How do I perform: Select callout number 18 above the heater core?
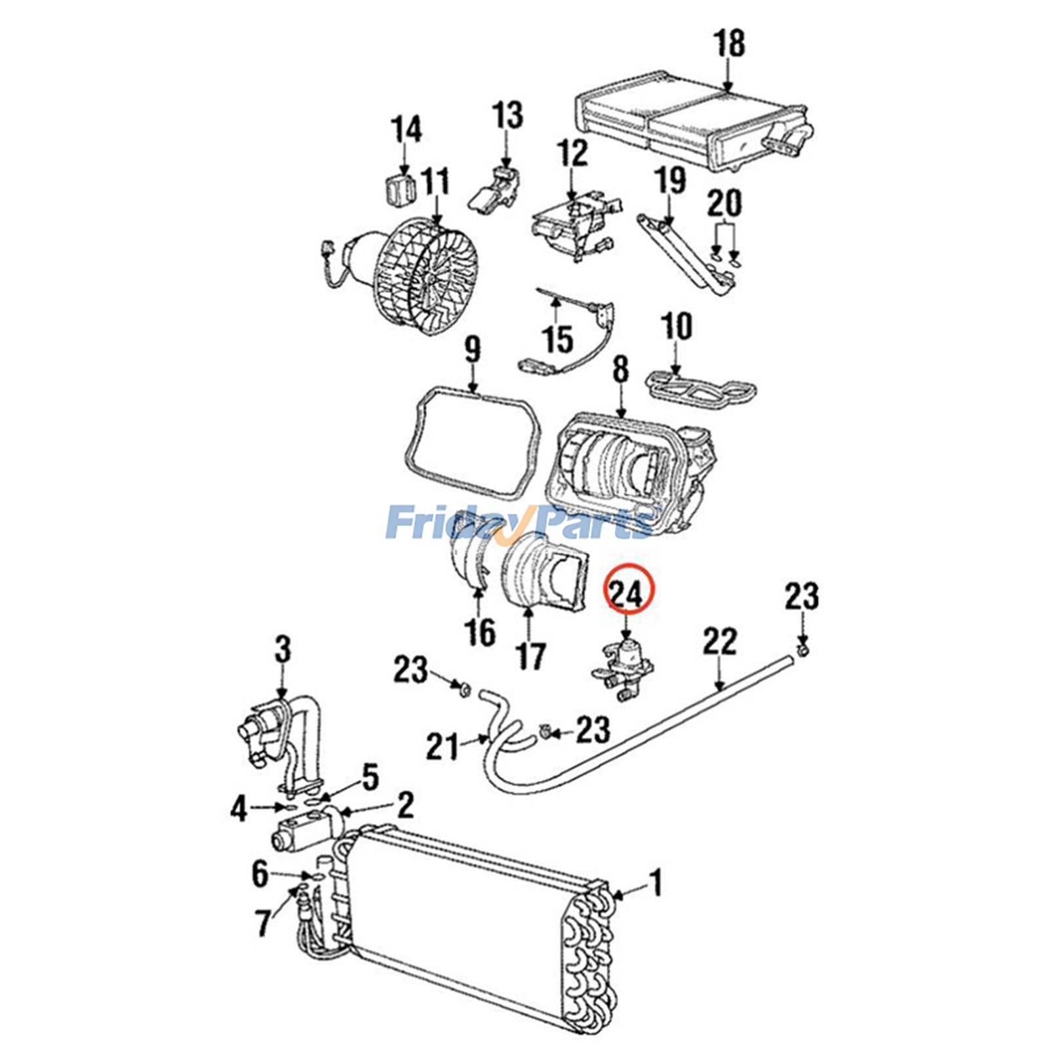(x=728, y=44)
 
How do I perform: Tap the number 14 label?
(x=406, y=130)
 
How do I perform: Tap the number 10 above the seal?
(x=676, y=326)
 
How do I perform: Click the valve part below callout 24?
(x=624, y=671)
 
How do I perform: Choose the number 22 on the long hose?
(x=720, y=643)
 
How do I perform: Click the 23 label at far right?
(x=802, y=597)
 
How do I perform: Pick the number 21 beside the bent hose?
(x=443, y=746)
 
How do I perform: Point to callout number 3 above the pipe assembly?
(x=282, y=651)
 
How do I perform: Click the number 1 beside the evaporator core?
(x=656, y=883)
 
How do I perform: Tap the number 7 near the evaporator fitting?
(x=263, y=923)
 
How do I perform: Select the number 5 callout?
(x=370, y=778)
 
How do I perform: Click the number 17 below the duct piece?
(x=530, y=655)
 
